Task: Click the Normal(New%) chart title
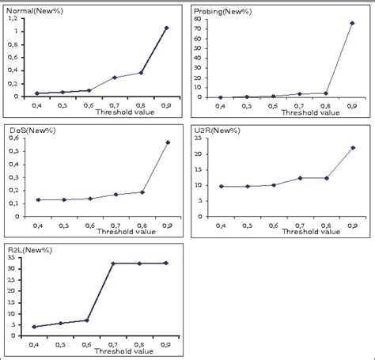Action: pyautogui.click(x=28, y=13)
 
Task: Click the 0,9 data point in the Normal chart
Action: pyautogui.click(x=166, y=28)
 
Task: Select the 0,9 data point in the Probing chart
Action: pyautogui.click(x=351, y=23)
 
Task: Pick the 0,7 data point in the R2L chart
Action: pyautogui.click(x=113, y=263)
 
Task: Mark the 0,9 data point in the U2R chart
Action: pyautogui.click(x=352, y=148)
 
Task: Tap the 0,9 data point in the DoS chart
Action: pyautogui.click(x=166, y=142)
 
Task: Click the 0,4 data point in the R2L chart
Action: pyautogui.click(x=34, y=327)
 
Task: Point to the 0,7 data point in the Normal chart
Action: pyautogui.click(x=114, y=78)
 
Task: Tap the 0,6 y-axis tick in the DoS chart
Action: pyautogui.click(x=17, y=138)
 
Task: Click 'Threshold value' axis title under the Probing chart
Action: pyautogui.click(x=286, y=112)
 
